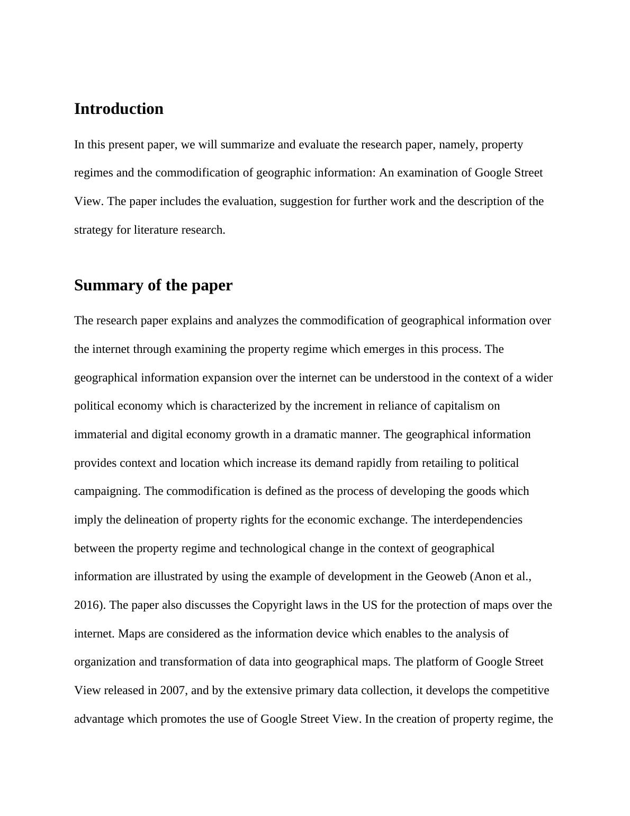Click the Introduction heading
(119, 109)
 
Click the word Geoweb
(446, 576)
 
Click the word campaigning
(107, 491)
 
